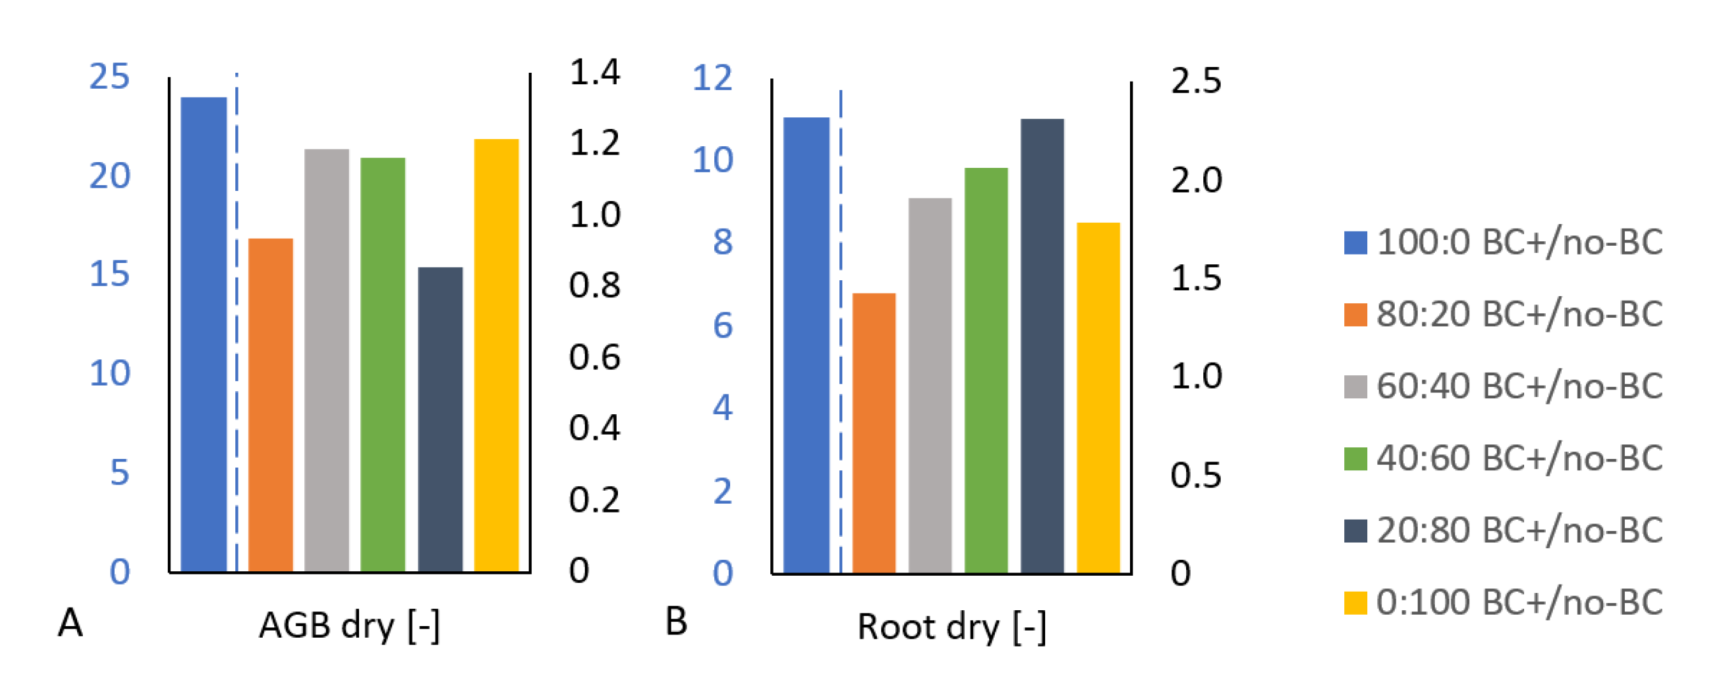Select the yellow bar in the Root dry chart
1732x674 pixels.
pos(1098,397)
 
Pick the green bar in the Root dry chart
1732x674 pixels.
pos(986,370)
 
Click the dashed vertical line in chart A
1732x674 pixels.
pos(237,323)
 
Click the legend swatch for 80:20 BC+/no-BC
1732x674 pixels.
pos(1355,315)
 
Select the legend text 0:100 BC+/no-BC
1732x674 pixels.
pos(1519,602)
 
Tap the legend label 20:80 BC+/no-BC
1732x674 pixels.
pos(1519,530)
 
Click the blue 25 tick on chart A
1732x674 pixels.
pos(109,77)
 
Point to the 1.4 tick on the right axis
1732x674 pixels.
pos(594,72)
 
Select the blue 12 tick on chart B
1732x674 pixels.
pos(712,78)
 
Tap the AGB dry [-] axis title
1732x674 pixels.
pos(349,625)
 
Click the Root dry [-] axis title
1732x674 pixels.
pos(951,627)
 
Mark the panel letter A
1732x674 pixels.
pos(70,623)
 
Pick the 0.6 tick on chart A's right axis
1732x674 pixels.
pos(594,357)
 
